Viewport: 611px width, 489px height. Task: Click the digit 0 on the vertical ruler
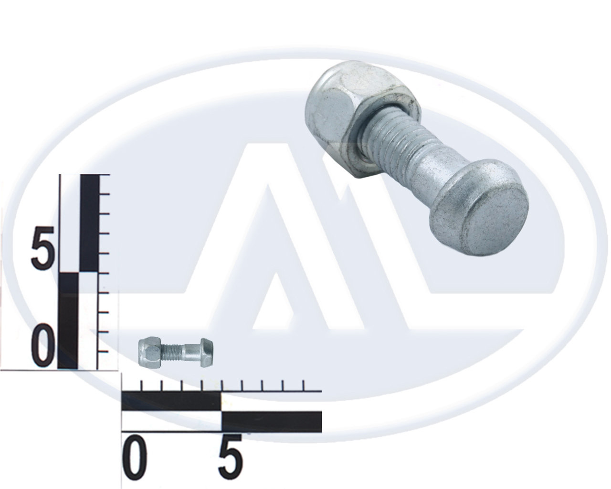[x=43, y=347]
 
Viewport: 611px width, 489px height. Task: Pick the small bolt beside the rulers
[x=176, y=352]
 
